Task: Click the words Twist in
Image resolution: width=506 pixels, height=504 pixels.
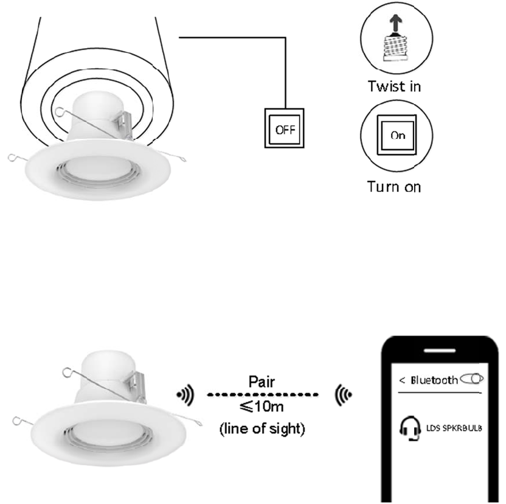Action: (x=394, y=86)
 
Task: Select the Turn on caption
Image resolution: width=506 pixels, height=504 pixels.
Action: (x=393, y=186)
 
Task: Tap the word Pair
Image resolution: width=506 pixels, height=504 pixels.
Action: (x=262, y=383)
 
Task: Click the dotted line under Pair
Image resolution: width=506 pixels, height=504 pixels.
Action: (x=263, y=395)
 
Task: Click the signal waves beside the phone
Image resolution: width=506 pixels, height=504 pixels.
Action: (x=342, y=397)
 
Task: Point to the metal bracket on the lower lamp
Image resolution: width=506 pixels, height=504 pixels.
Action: (x=137, y=383)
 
